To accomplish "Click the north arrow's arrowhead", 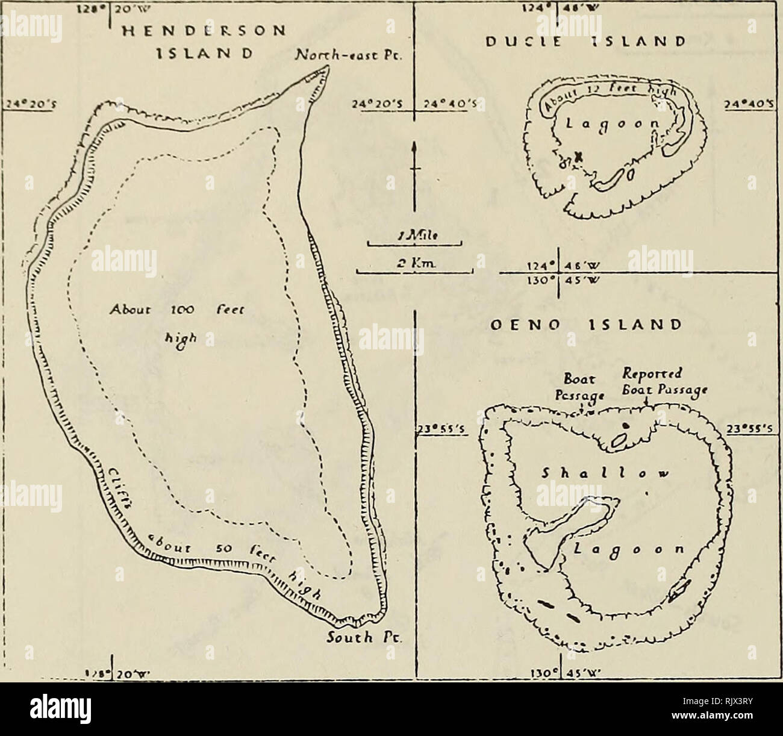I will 414,147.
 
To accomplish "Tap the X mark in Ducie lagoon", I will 579,157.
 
